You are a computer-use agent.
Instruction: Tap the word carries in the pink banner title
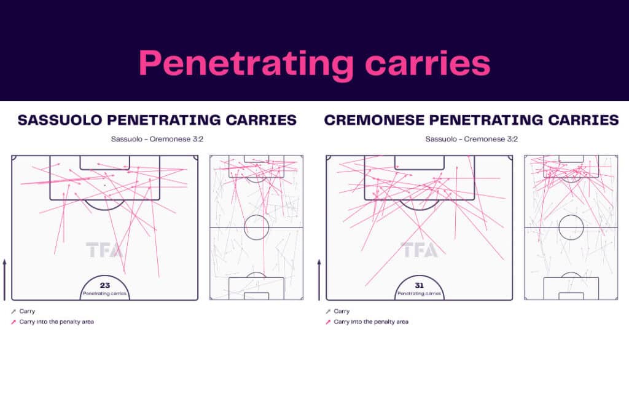pyautogui.click(x=428, y=63)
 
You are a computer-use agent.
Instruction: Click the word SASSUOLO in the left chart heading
pyautogui.click(x=60, y=120)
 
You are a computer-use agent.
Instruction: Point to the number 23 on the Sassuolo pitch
pyautogui.click(x=104, y=285)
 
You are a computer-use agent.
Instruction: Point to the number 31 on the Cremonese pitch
pyautogui.click(x=419, y=285)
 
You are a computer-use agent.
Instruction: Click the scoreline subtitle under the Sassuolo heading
pyautogui.click(x=157, y=139)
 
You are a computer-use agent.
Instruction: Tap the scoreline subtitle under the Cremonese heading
pyautogui.click(x=472, y=139)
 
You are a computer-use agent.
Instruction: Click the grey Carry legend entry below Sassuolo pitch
pyautogui.click(x=23, y=311)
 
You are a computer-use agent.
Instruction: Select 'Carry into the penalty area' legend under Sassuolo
pyautogui.click(x=53, y=322)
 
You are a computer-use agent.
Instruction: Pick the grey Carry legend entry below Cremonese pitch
pyautogui.click(x=338, y=311)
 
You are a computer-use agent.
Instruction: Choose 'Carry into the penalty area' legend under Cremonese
pyautogui.click(x=367, y=322)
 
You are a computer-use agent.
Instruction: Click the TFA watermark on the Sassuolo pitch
pyautogui.click(x=104, y=250)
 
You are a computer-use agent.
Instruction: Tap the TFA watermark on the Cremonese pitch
pyautogui.click(x=419, y=250)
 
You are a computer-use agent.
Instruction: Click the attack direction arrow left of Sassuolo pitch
pyautogui.click(x=5, y=280)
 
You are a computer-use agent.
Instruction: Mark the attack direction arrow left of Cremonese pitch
pyautogui.click(x=319, y=280)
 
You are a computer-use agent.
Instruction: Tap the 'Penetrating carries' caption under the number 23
pyautogui.click(x=104, y=293)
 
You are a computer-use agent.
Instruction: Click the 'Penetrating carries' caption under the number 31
pyautogui.click(x=419, y=293)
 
